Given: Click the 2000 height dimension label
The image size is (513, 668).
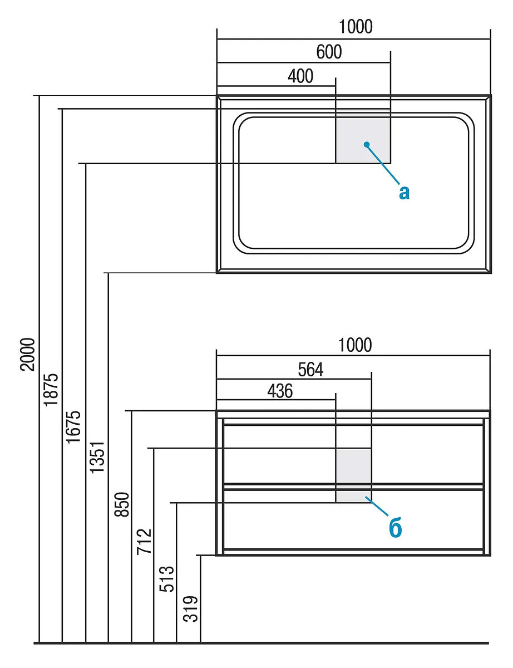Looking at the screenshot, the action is point(28,354).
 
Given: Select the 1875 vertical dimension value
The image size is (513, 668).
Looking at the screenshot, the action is point(51,390).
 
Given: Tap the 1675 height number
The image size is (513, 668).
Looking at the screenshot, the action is point(74,426).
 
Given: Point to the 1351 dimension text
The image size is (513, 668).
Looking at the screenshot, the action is point(97,457).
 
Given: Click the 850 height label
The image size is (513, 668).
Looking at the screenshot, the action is point(122,504).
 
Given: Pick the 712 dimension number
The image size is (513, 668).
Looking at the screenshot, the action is point(144,541).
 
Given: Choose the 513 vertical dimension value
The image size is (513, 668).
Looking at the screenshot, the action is point(167,579).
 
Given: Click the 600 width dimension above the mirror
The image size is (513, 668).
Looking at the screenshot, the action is point(329,52).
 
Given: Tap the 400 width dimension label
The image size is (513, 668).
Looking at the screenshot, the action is point(300,76).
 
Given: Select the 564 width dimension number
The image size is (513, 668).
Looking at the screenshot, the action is point(310,370).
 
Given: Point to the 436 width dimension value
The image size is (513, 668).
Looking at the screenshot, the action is point(280,391).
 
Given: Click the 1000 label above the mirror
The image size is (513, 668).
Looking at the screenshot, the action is point(356,26).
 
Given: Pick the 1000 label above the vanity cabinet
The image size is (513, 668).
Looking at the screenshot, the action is point(355,345).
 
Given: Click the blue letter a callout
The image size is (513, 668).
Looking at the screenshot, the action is point(405,193).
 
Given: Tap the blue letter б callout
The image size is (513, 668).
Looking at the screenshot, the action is point(396,528).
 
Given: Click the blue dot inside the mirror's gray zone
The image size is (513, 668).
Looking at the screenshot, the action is point(366,144).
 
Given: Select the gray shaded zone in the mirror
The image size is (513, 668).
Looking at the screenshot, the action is point(363,139).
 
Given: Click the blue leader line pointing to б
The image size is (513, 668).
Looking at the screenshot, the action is point(377,507).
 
